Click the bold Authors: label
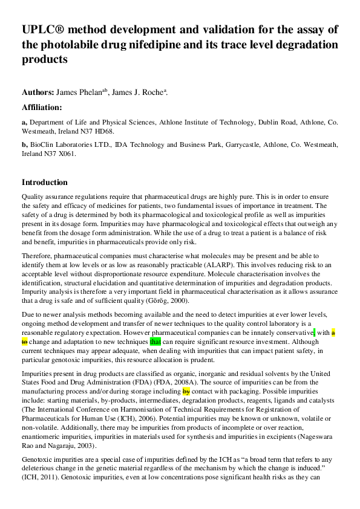[38, 92]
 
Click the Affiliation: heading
[42, 108]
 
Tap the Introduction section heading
[45, 183]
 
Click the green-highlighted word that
[155, 341]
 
